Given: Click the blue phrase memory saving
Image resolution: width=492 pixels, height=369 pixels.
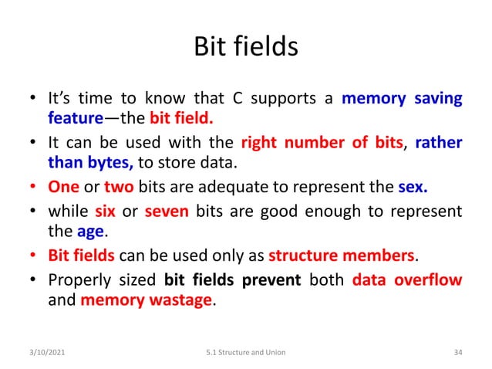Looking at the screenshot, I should (402, 99).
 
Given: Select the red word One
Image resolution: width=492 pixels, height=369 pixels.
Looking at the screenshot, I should (63, 186).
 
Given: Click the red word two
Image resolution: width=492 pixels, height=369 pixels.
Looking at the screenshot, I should (119, 186).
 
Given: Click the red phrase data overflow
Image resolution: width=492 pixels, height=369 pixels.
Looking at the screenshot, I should (406, 279).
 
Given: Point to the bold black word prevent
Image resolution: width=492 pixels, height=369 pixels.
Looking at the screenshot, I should (271, 279).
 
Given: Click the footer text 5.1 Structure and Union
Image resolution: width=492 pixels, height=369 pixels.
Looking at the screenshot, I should (246, 353).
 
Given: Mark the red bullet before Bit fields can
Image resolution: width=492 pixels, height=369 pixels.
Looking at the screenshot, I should (33, 256).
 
